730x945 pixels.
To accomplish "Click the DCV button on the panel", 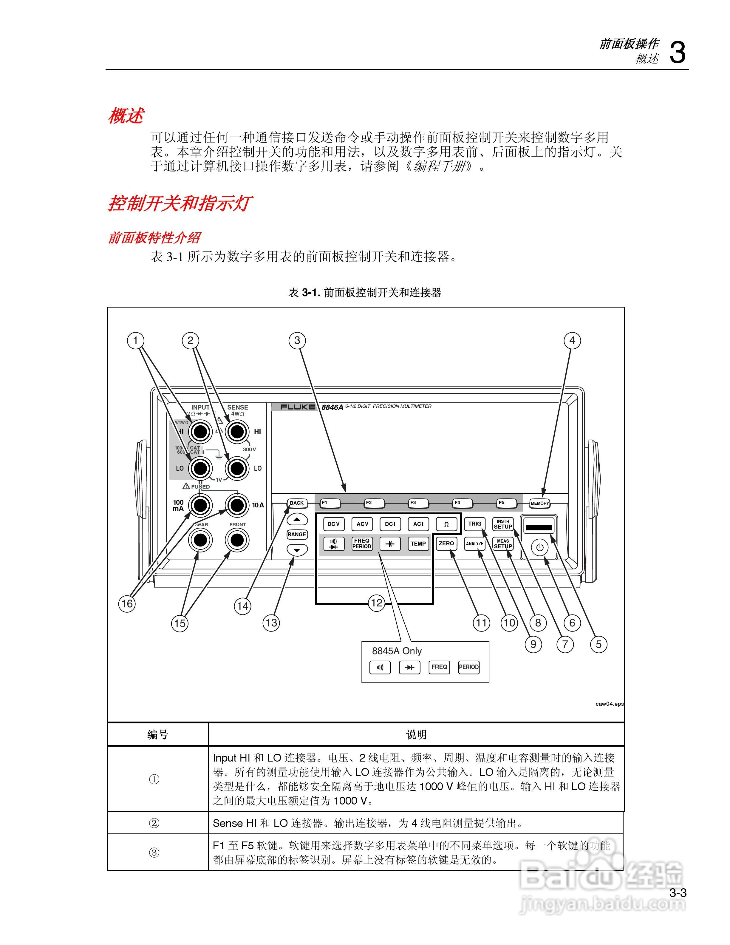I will pos(333,524).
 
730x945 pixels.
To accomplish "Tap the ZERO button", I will pos(446,543).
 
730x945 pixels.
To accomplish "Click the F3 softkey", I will pos(418,503).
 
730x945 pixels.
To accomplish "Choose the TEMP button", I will pos(418,544).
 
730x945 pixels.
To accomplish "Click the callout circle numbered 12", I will pos(376,603).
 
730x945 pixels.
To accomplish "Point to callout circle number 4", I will pos(572,341).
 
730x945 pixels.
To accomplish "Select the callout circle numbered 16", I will pos(127,604).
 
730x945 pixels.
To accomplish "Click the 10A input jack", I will pos(237,505).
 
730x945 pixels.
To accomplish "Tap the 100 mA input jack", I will pos(200,505).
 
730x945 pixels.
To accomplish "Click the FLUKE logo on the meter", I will pos(298,407).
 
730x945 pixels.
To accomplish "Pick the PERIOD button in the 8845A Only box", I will pos(468,667).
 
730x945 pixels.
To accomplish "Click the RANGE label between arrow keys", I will pos(297,534).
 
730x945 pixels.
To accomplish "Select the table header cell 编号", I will pos(157,735).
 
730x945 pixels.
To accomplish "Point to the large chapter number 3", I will pos(677,53).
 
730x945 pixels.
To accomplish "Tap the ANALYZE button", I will pos(474,544).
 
